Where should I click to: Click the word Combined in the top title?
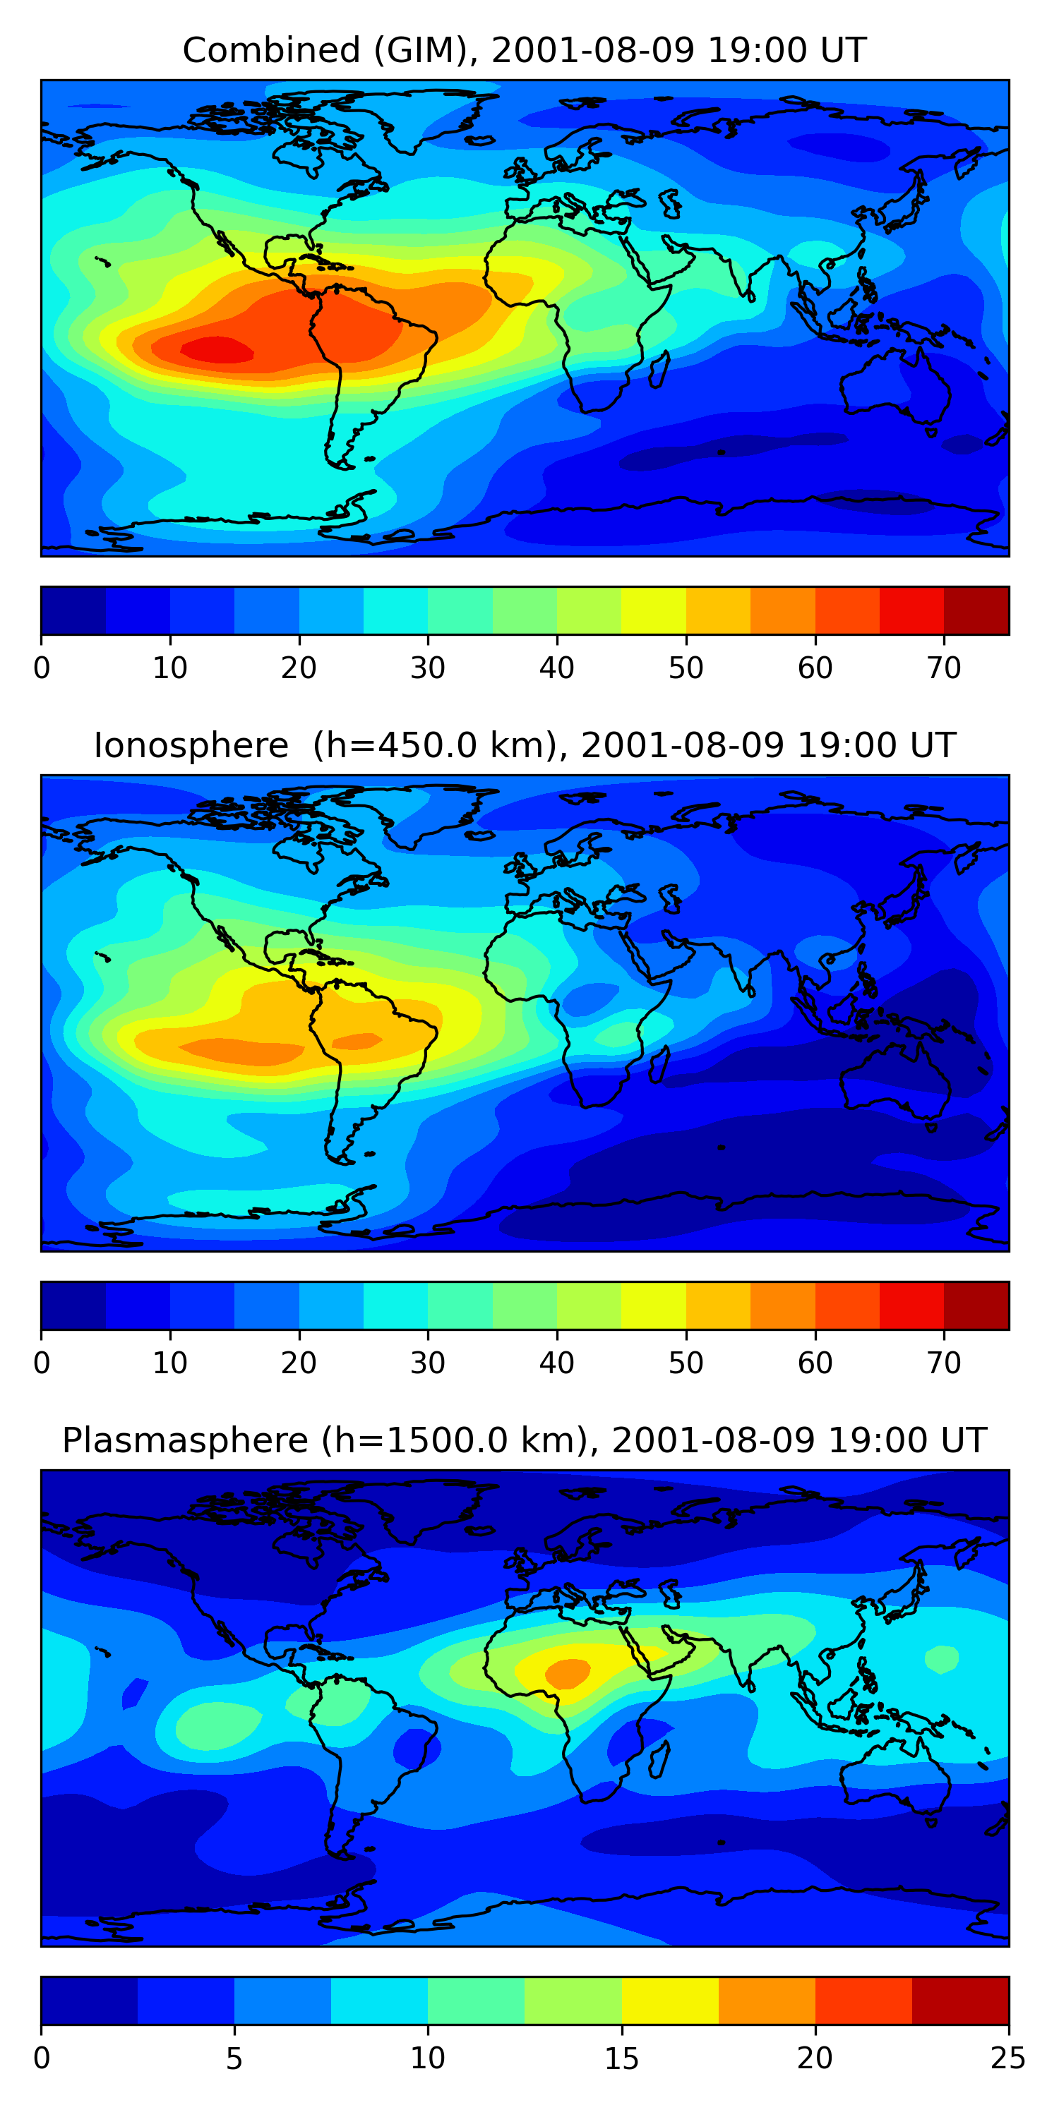tap(270, 50)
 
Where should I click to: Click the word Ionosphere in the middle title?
tap(191, 745)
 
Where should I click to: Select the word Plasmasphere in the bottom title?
tap(185, 1441)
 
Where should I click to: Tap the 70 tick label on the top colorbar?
tap(943, 668)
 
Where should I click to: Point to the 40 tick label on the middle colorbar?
tap(556, 1363)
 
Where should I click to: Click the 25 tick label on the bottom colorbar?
tap(1007, 2058)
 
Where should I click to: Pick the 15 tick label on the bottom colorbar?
tap(621, 2058)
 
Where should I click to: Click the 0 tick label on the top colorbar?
tap(42, 668)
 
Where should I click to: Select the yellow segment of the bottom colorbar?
tap(669, 2001)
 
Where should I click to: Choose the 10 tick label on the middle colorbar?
tap(170, 1363)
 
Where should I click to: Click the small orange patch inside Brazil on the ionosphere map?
tap(356, 1042)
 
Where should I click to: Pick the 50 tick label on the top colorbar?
tap(686, 668)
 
